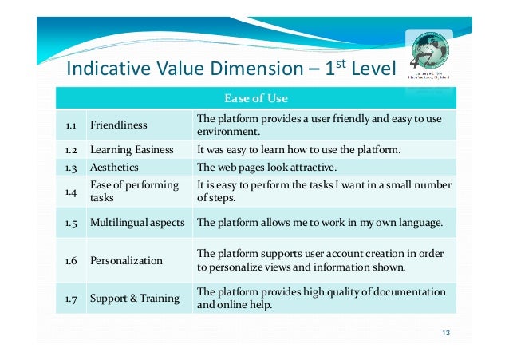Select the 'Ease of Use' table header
point(255,99)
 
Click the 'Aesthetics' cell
point(114,168)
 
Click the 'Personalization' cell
point(126,260)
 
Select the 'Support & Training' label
point(134,298)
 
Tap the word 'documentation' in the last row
point(407,291)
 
